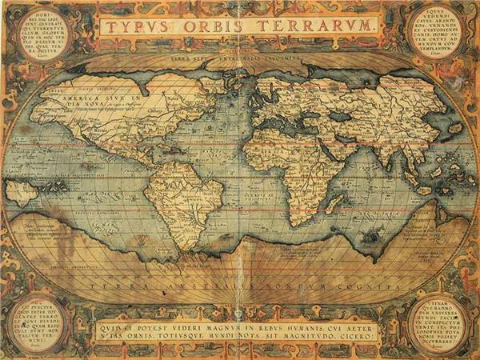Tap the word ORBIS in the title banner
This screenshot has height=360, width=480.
pos(211,26)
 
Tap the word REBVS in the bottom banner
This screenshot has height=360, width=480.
pos(274,325)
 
